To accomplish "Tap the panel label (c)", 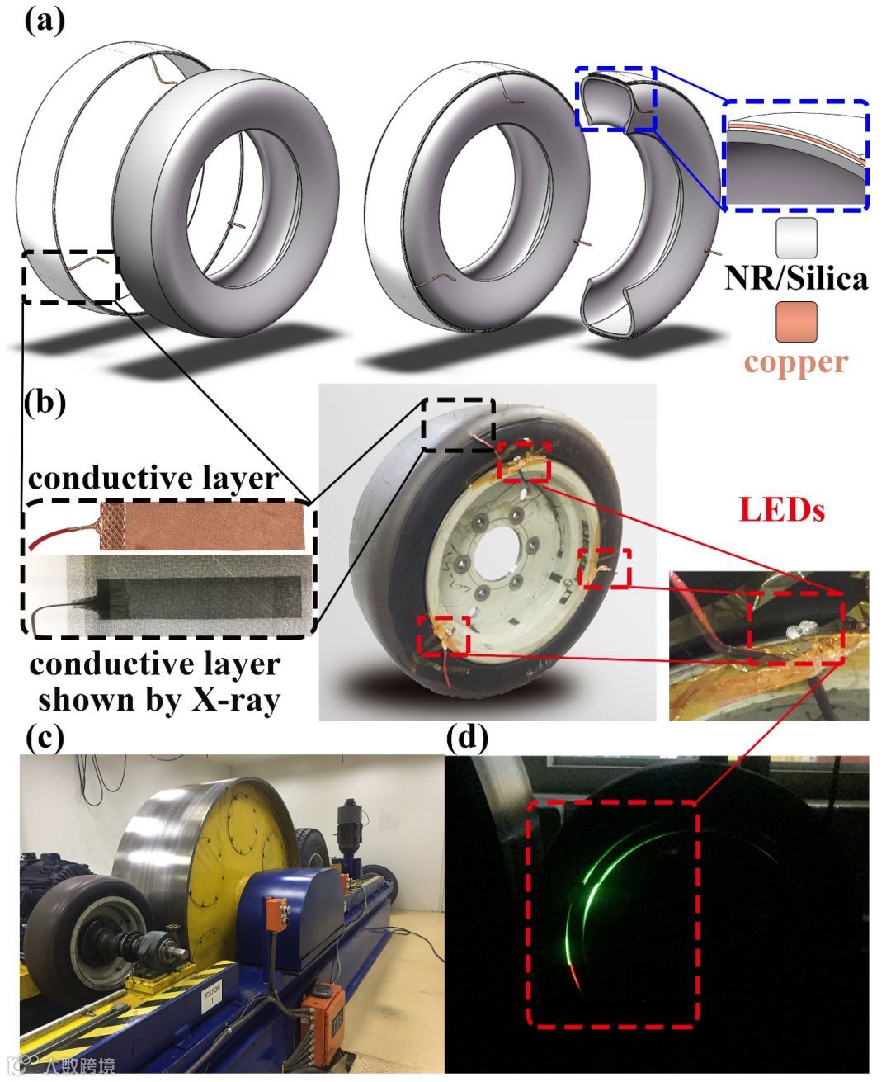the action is pyautogui.click(x=44, y=737).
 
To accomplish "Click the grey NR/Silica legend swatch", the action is pyautogui.click(x=796, y=238).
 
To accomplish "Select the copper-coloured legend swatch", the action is pyautogui.click(x=796, y=321).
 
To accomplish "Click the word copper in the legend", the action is pyautogui.click(x=796, y=363).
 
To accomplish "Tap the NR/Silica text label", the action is pyautogui.click(x=796, y=278).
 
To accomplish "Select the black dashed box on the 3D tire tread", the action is pyautogui.click(x=72, y=276).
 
